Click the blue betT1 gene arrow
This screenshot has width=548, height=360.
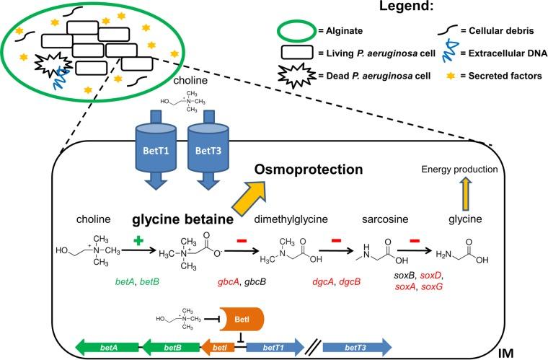[x=272, y=347]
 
